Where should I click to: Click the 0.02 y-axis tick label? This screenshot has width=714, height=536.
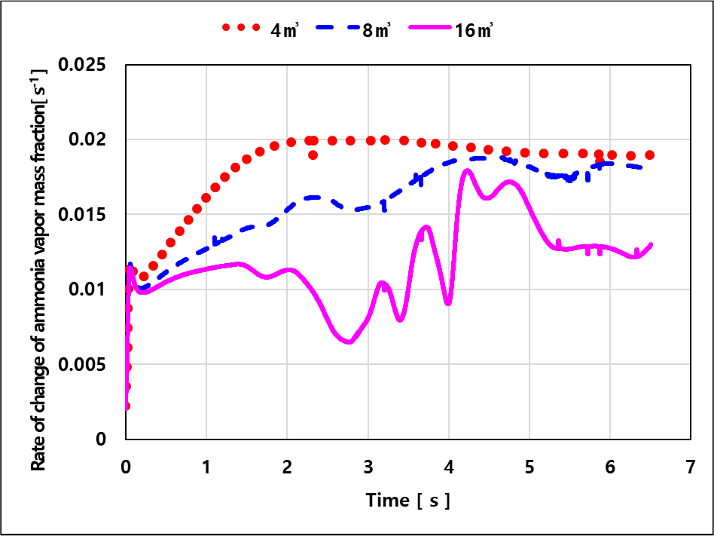87,139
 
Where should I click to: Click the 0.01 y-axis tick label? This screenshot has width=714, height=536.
87,289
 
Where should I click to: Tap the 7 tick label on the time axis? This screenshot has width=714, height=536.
691,467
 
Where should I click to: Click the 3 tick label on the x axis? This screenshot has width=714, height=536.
368,467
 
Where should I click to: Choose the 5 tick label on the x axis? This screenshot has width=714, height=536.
529,467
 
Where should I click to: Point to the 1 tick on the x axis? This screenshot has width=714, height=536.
206,467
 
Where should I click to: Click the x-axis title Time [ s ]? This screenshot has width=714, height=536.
408,501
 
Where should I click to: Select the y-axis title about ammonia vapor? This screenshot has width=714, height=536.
38,270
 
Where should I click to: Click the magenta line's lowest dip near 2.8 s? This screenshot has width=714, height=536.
349,342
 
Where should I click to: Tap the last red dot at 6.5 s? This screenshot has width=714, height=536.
650,155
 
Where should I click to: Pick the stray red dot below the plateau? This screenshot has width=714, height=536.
313,155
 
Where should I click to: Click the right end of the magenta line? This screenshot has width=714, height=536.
651,244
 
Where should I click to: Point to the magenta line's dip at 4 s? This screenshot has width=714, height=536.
449,302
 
